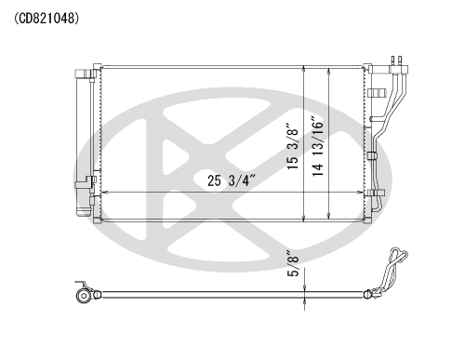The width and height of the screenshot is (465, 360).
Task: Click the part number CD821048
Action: tap(46, 19)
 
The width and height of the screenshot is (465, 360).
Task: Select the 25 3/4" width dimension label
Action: tap(232, 180)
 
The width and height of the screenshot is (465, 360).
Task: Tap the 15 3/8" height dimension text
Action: tap(293, 146)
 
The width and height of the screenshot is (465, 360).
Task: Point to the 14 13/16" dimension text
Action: tap(318, 146)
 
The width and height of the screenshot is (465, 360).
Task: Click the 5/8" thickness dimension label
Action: tap(293, 262)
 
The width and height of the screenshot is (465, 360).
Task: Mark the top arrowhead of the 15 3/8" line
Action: tap(304, 70)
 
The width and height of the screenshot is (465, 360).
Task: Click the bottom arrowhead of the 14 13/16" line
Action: tap(329, 217)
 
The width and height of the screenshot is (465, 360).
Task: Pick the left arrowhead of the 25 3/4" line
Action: tap(105, 193)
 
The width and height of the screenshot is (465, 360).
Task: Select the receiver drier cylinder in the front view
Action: tap(84, 142)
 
